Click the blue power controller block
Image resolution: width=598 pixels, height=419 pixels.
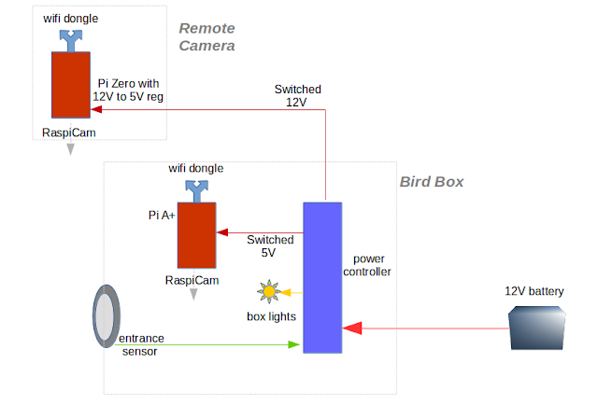click(322, 278)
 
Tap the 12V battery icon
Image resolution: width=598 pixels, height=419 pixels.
click(536, 328)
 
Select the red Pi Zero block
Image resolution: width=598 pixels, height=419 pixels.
click(71, 85)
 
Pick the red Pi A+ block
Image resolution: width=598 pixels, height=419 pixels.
click(197, 235)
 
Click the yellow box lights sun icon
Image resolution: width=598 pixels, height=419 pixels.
click(269, 292)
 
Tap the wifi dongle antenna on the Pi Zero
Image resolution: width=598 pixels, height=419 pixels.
click(71, 41)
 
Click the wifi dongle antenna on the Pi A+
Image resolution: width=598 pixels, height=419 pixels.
click(197, 191)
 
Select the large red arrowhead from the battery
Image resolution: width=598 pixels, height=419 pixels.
click(352, 328)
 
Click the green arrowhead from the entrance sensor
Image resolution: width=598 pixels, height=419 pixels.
click(293, 344)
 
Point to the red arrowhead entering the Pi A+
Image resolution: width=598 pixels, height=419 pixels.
click(222, 232)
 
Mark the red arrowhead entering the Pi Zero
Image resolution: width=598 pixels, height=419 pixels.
click(96, 110)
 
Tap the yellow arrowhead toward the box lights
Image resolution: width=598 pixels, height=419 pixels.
click(285, 292)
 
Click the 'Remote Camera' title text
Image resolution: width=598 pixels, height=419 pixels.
click(207, 37)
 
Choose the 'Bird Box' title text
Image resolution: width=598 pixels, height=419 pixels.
click(432, 182)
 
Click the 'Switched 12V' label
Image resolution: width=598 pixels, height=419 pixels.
click(298, 95)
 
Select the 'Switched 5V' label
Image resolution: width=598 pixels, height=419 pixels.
click(270, 246)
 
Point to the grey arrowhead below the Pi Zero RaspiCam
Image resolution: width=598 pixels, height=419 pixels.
click(71, 149)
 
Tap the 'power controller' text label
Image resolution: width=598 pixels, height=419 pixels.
click(367, 265)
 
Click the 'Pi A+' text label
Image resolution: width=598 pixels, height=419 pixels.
click(162, 216)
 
